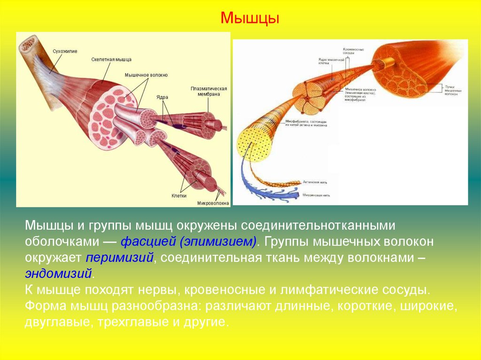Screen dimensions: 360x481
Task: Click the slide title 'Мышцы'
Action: [250, 19]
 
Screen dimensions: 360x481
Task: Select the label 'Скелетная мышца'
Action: [111, 60]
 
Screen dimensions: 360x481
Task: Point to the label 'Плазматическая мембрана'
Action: [209, 91]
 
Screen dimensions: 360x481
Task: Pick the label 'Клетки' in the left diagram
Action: [179, 195]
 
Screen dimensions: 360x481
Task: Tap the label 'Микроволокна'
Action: [213, 203]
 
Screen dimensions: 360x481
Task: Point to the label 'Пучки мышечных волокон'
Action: [453, 90]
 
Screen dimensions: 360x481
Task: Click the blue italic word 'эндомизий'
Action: [59, 274]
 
